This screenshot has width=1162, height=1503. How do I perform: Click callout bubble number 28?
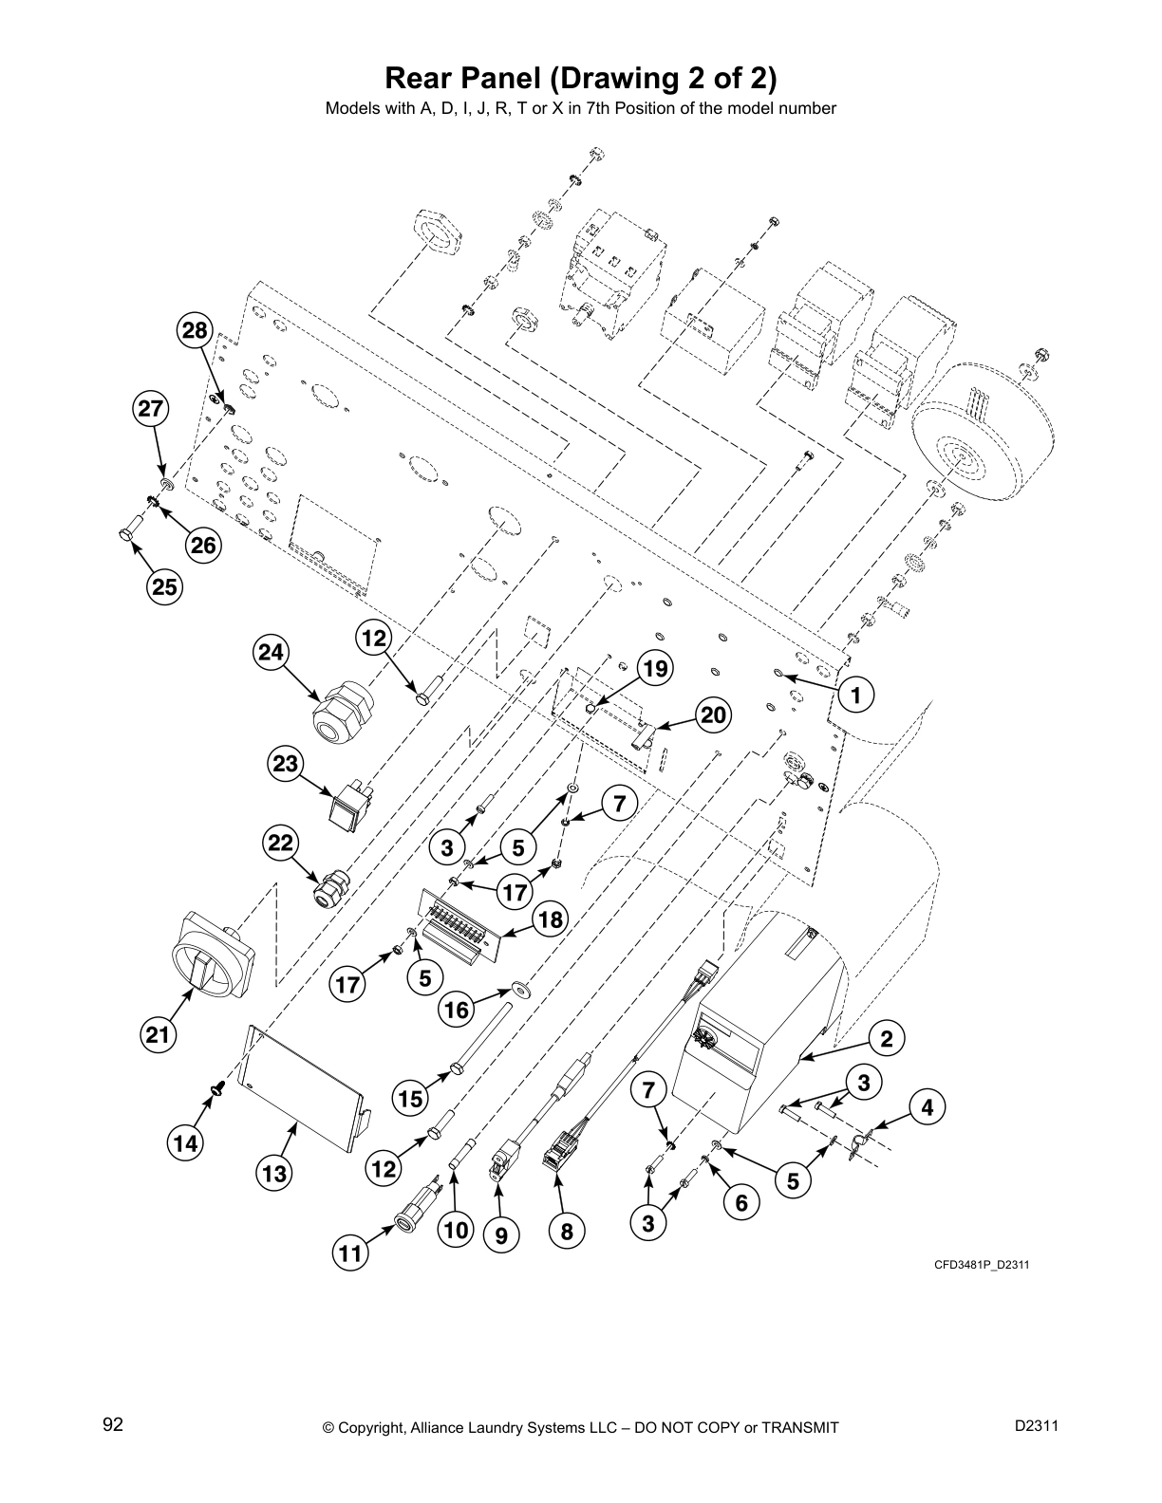pos(195,331)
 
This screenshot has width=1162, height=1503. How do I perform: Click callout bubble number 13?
pos(274,1174)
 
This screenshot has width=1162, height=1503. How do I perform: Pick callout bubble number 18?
pos(550,919)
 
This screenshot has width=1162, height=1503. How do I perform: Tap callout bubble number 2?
pos(886,1039)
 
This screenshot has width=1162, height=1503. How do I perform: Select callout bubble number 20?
pos(713,714)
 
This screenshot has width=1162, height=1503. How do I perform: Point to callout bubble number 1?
pos(855,696)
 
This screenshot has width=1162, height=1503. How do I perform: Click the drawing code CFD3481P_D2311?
pos(982,1265)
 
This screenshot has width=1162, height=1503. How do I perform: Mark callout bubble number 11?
pos(351,1254)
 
